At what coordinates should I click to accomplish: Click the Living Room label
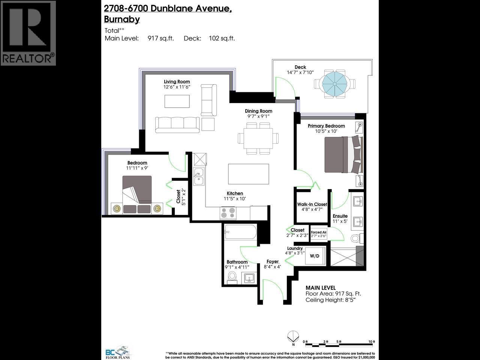[x=177, y=81]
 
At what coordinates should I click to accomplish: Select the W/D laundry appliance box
[x=315, y=256]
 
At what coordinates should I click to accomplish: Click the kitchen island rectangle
[x=248, y=174]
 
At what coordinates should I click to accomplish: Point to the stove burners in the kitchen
[x=228, y=213]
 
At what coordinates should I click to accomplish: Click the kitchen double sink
[x=199, y=177]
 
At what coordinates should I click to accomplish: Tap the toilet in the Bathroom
[x=232, y=277]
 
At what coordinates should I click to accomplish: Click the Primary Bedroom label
[x=326, y=126]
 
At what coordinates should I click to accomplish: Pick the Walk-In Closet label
[x=312, y=204]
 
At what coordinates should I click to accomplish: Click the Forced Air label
[x=319, y=232]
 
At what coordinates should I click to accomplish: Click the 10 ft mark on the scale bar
[x=372, y=342]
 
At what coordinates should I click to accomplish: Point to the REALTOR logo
[x=28, y=33]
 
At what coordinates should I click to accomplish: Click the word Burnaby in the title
[x=122, y=19]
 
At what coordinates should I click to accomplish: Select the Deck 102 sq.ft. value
[x=222, y=38]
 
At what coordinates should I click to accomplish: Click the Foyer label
[x=273, y=261]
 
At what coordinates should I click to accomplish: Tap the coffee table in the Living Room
[x=177, y=101]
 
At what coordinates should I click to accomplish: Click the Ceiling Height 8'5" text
[x=330, y=300]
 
